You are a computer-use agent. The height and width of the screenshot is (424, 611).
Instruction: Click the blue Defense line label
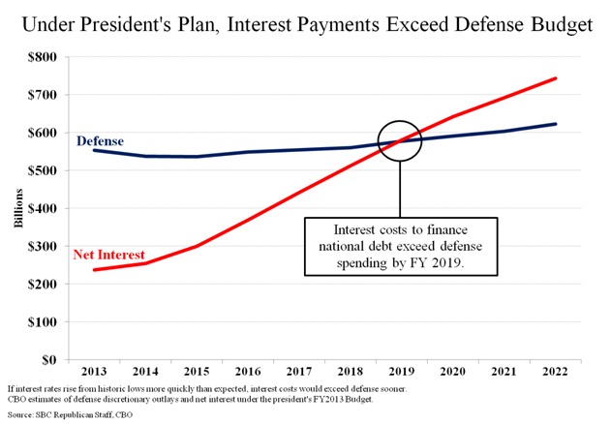[x=100, y=140]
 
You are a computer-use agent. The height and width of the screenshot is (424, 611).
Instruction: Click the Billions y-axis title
[x=18, y=208]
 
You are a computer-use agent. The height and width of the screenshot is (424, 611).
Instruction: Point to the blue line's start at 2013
[x=94, y=150]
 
